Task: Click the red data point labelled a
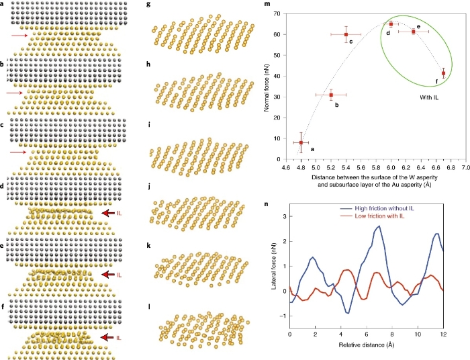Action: [301, 142]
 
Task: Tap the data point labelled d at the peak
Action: [391, 24]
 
